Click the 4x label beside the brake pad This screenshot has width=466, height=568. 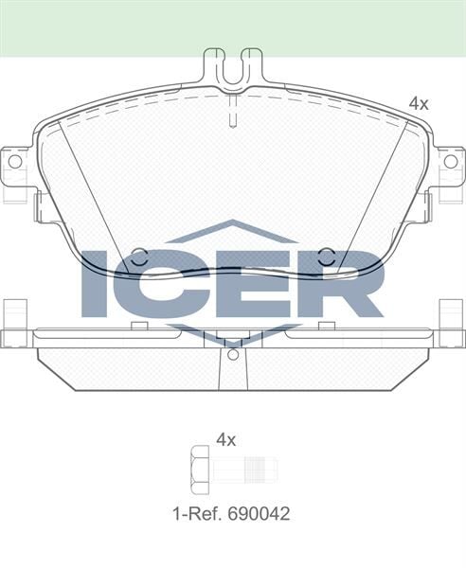(x=418, y=103)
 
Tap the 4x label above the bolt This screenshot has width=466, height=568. (x=225, y=439)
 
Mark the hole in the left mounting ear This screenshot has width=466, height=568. (x=13, y=162)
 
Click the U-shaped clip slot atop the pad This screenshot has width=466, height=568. (x=233, y=66)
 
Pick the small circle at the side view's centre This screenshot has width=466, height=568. (x=233, y=356)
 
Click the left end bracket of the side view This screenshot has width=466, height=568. (x=15, y=327)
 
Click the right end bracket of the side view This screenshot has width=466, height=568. (x=451, y=327)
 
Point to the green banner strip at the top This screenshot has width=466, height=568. (x=233, y=27)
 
